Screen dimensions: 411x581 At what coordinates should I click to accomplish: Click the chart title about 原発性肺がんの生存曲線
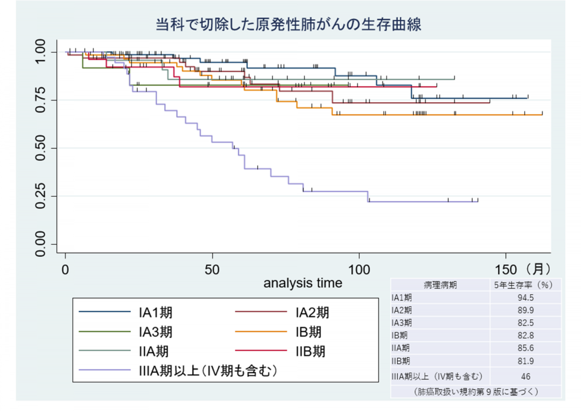point(289,25)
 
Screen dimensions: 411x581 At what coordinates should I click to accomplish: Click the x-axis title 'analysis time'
point(303,283)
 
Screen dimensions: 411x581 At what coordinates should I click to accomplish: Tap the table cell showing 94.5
point(525,298)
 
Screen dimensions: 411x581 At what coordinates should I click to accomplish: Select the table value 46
point(525,376)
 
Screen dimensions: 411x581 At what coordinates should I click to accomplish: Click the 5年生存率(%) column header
point(525,285)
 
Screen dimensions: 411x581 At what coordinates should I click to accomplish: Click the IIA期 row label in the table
point(401,348)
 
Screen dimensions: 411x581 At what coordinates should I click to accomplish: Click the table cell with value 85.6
point(525,348)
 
